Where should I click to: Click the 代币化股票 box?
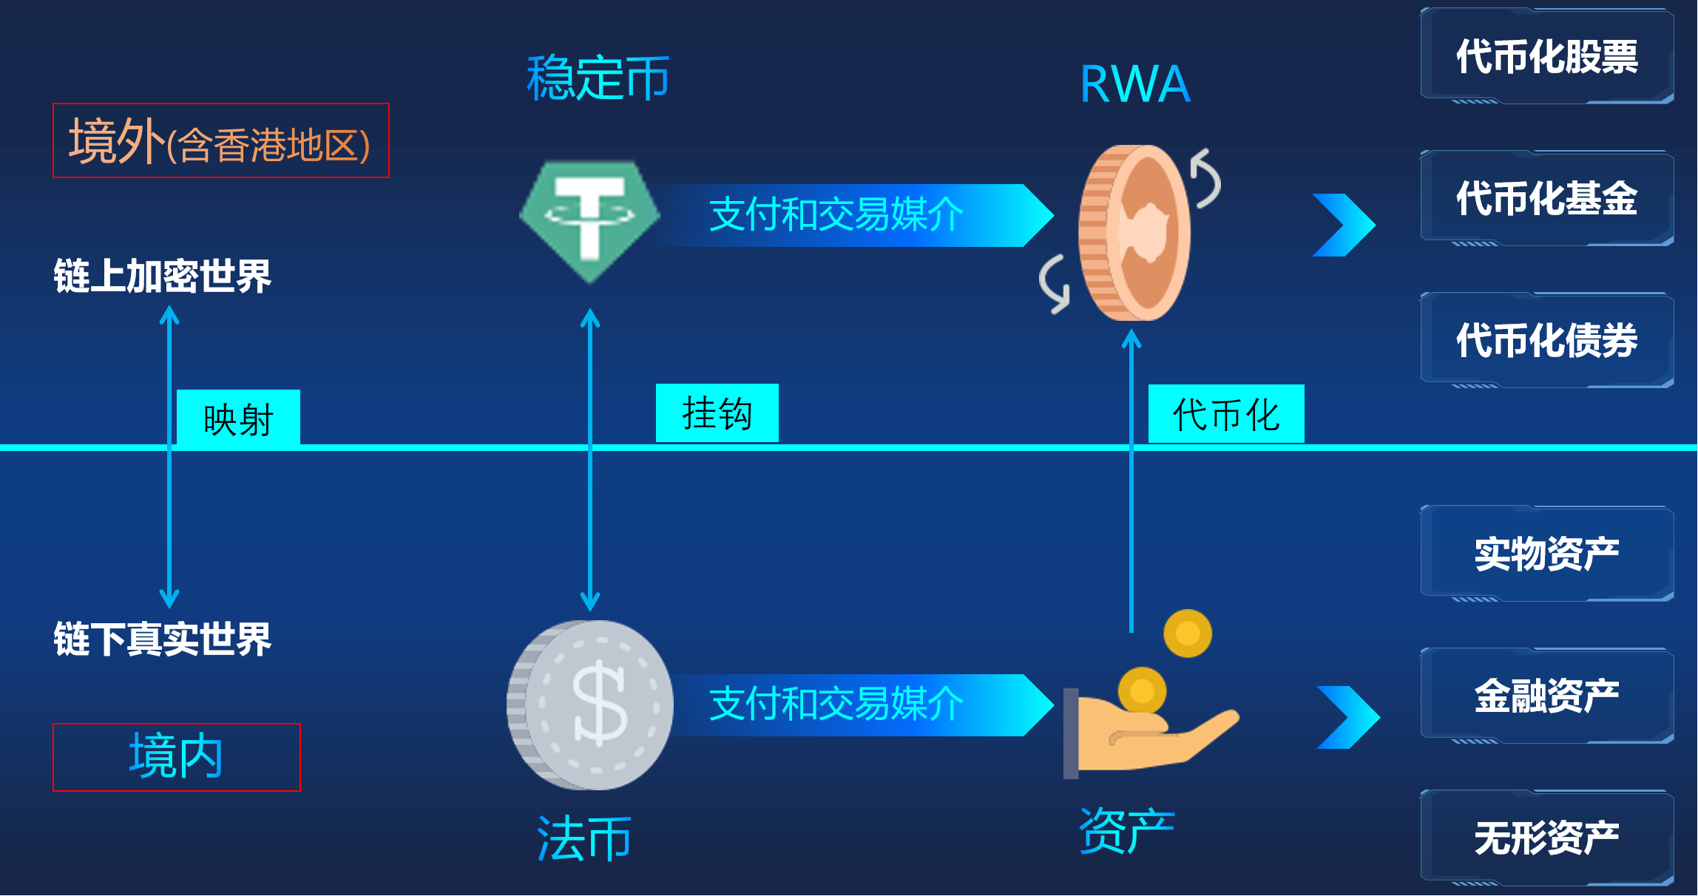point(1546,56)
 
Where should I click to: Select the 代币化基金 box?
point(1546,198)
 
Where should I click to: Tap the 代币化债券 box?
point(1546,340)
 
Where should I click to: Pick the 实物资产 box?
point(1546,553)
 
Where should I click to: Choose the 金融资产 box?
point(1546,696)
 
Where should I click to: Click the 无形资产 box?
point(1546,838)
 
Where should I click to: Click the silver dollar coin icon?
point(590,705)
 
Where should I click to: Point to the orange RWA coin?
point(1134,232)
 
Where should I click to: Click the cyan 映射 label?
point(238,418)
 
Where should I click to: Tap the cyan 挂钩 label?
point(717,413)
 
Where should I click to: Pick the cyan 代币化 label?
point(1225,414)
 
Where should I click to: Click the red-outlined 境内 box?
point(177,757)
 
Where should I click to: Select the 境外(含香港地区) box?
point(220,140)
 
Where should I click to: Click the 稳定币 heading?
point(598,78)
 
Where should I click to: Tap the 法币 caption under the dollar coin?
point(584,839)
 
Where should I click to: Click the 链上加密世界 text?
point(162,276)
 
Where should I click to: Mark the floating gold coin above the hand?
point(1187,633)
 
